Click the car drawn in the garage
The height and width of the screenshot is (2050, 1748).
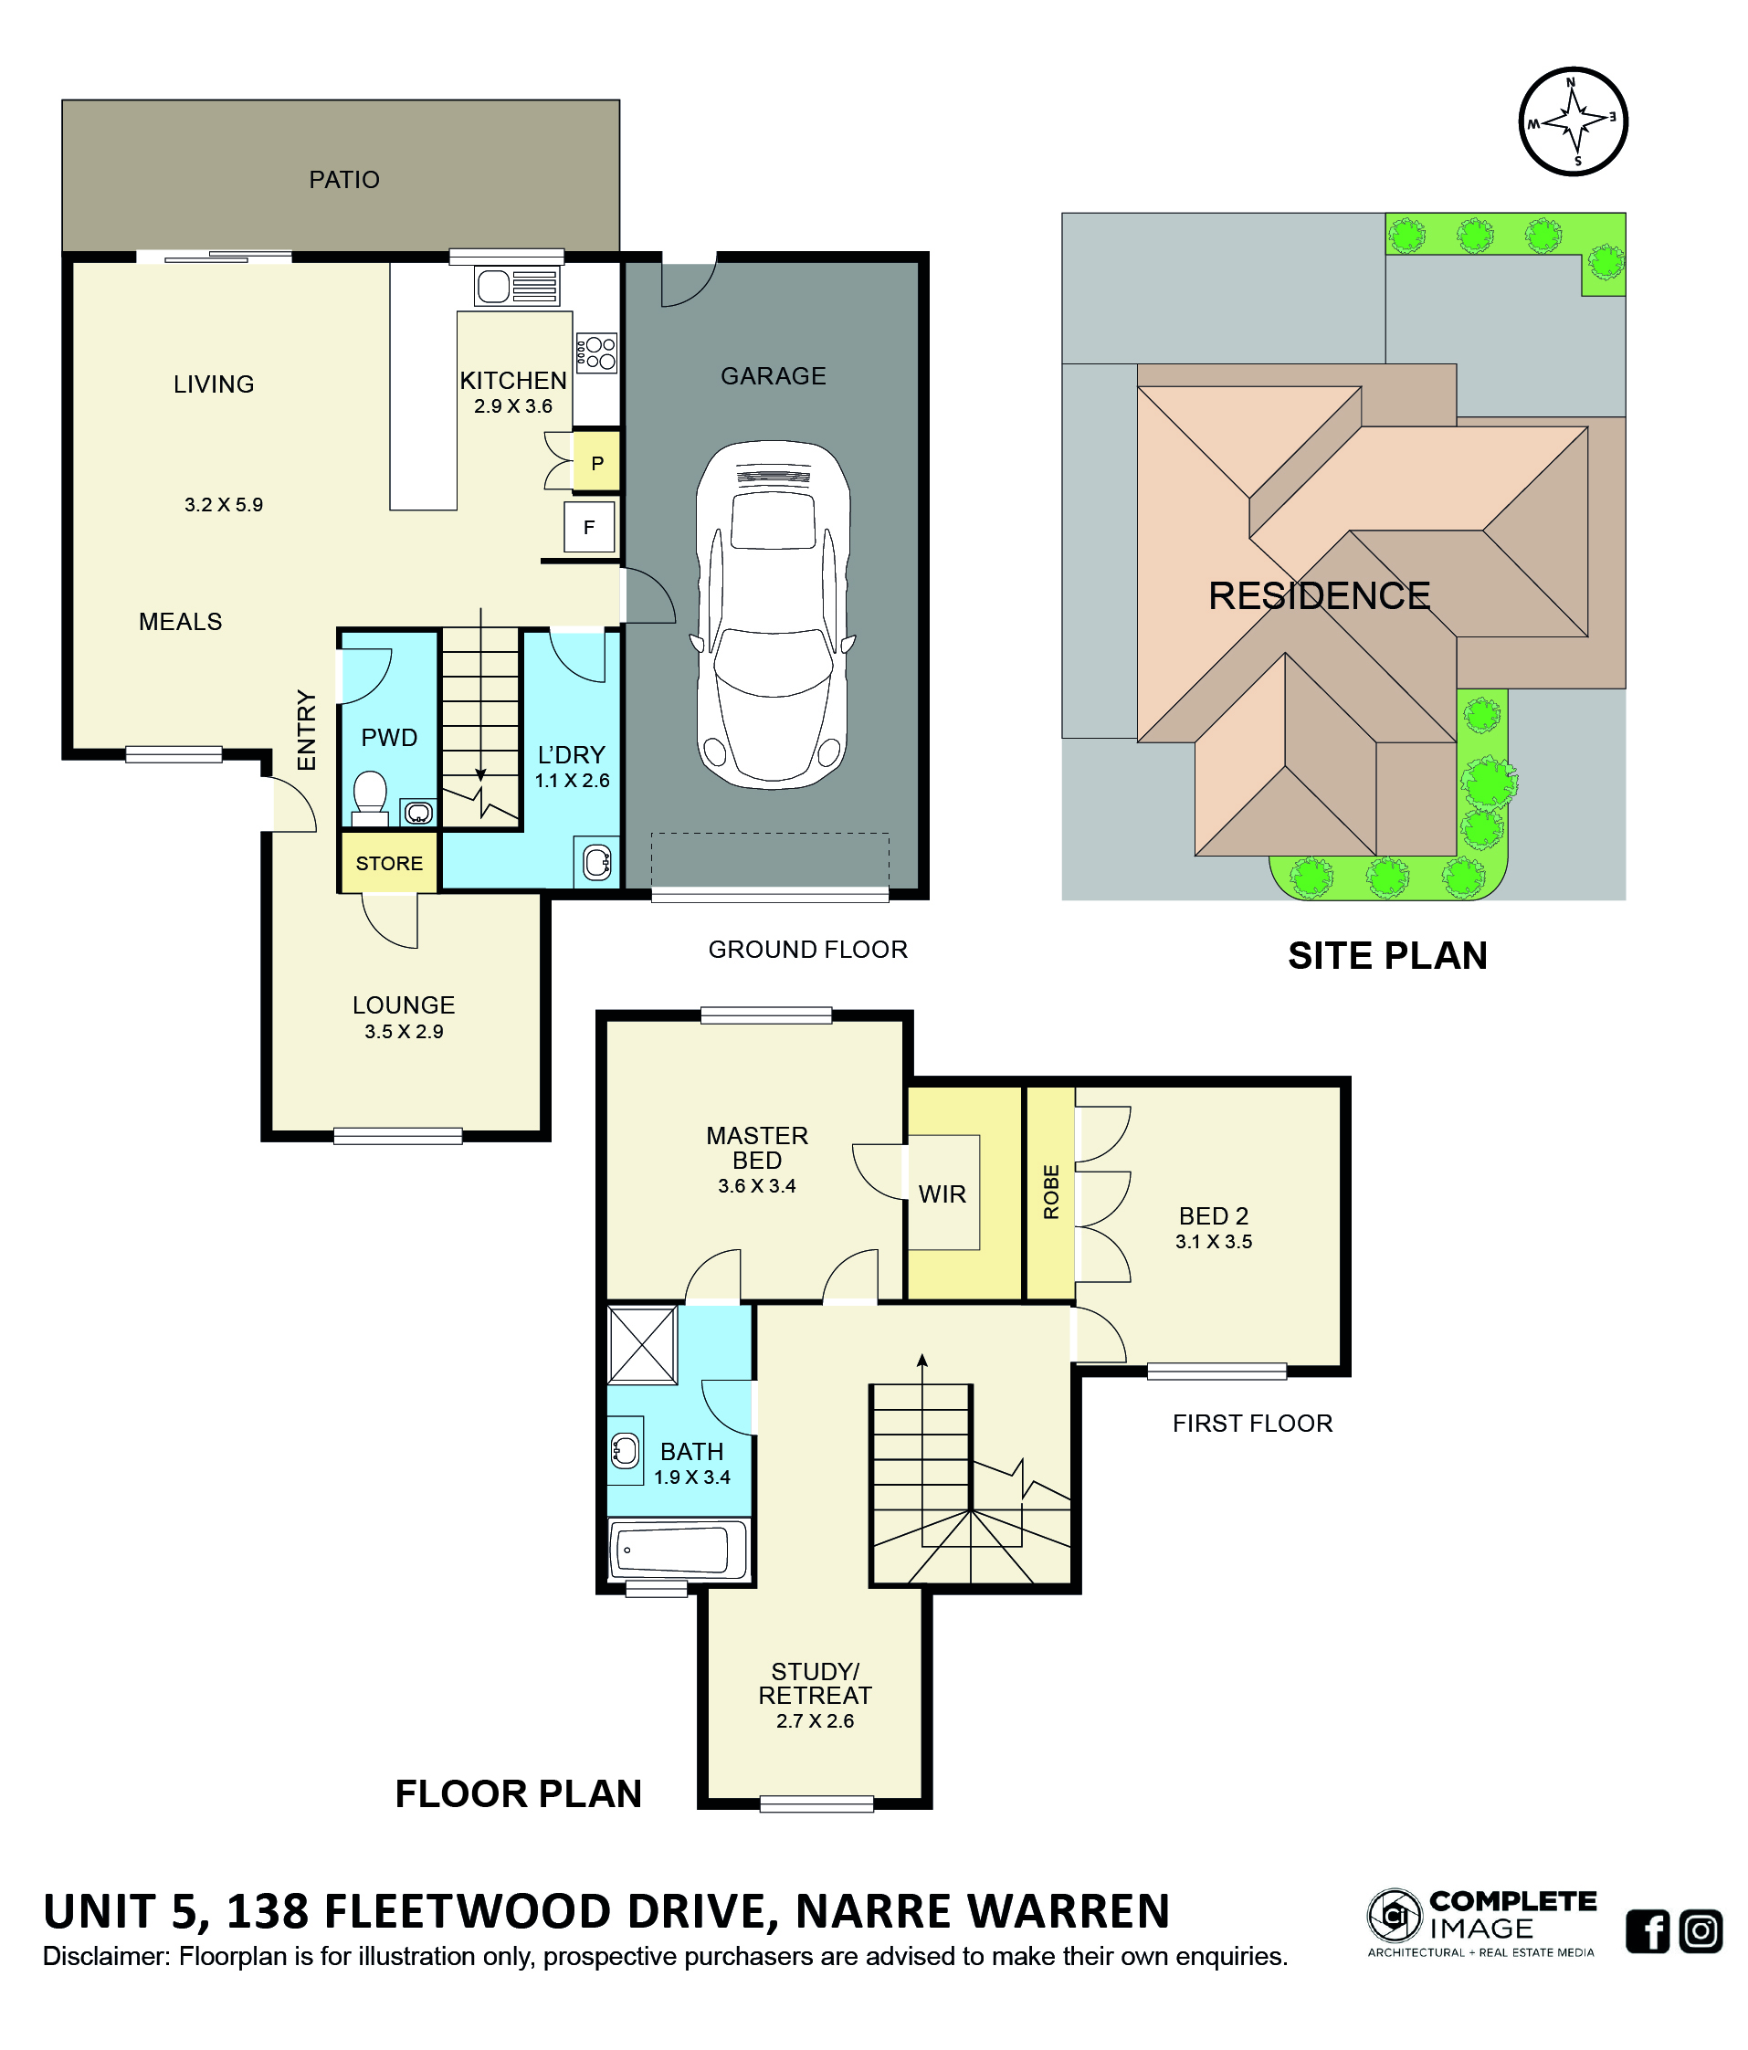(x=772, y=614)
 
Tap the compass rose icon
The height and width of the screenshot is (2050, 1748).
(x=1573, y=121)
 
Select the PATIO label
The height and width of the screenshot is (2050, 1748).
(x=344, y=179)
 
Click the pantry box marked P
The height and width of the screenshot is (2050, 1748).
(x=596, y=462)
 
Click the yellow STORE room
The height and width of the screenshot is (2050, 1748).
(x=389, y=863)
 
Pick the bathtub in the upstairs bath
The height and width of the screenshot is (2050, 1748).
(x=679, y=1550)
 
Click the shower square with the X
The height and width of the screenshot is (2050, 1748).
(x=642, y=1344)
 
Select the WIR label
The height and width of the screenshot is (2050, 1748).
(x=942, y=1194)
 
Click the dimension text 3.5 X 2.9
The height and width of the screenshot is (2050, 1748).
(x=404, y=1031)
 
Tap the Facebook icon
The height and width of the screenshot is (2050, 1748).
(x=1648, y=1930)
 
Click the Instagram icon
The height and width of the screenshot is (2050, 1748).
(x=1701, y=1930)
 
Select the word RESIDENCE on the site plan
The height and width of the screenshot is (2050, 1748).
(x=1319, y=595)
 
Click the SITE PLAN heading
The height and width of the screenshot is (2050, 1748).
(x=1387, y=955)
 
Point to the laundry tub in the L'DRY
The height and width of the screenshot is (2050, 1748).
(x=597, y=862)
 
